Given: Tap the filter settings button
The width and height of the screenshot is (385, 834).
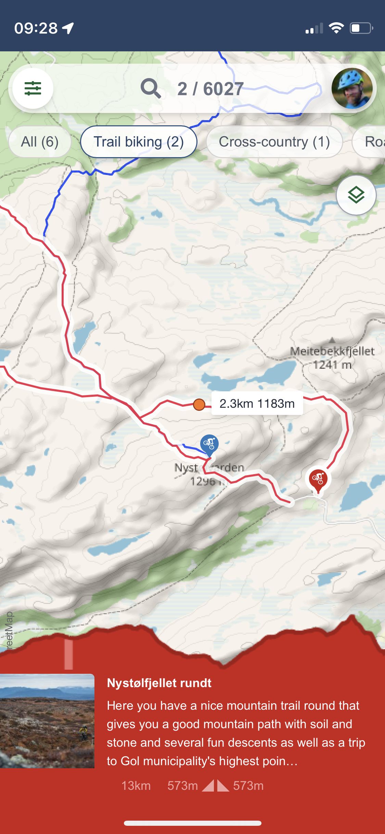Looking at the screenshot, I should (x=33, y=88).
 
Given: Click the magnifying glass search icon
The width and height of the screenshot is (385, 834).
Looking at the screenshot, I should (x=151, y=88).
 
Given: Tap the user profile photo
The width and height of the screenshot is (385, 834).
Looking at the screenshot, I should (x=352, y=88).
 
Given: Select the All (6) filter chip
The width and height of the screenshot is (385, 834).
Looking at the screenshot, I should (x=40, y=142).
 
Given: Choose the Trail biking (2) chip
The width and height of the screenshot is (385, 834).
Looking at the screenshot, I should (x=139, y=142).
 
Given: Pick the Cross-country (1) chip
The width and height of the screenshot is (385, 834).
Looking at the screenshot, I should (x=274, y=142).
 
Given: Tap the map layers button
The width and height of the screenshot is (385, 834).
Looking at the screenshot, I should (x=356, y=195).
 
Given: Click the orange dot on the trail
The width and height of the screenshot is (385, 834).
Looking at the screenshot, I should (x=199, y=404).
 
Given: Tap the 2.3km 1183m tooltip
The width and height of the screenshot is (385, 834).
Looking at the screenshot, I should (x=257, y=404).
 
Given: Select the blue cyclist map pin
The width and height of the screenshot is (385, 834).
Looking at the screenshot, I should (x=209, y=444).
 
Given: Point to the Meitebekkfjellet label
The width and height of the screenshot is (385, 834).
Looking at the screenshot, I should (x=332, y=351).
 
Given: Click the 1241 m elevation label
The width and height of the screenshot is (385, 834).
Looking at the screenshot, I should (x=332, y=365).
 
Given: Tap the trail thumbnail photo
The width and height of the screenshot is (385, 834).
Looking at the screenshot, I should (x=47, y=721).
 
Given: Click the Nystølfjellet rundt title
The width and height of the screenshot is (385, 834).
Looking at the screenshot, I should (x=159, y=683).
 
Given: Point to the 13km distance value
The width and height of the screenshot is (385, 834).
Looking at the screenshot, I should (x=136, y=786).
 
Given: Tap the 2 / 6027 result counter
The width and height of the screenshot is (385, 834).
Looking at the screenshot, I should (x=210, y=89).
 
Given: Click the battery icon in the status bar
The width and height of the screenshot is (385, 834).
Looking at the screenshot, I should (x=361, y=28).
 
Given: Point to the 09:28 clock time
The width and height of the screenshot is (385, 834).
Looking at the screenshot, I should (x=36, y=28).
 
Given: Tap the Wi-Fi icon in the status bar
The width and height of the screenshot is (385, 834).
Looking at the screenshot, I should (x=336, y=28).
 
